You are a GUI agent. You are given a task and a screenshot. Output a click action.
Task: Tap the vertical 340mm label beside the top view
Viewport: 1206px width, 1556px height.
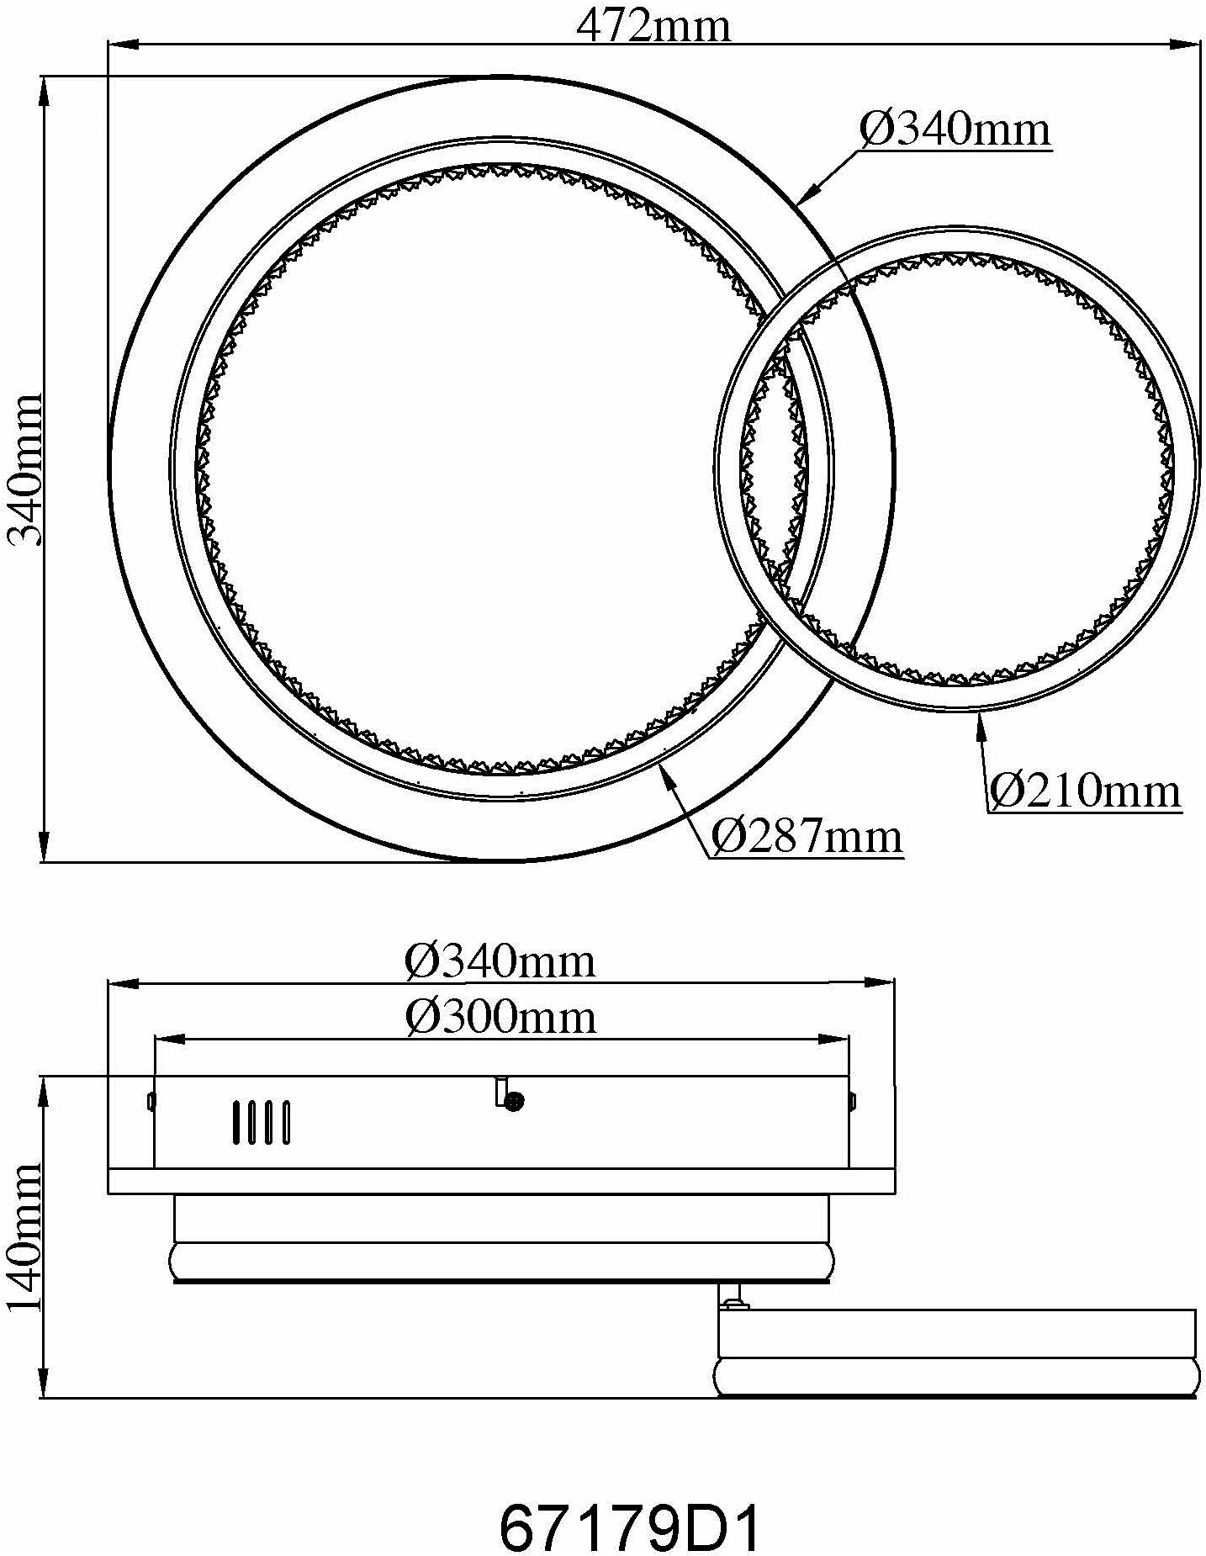[24, 469]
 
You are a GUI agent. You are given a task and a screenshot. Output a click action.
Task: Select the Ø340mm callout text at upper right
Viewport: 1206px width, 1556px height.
[955, 130]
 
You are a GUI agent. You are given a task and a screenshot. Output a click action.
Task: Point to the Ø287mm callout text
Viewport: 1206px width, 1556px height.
[807, 836]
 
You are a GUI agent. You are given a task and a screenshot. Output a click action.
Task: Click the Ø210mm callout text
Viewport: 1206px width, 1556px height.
[1084, 791]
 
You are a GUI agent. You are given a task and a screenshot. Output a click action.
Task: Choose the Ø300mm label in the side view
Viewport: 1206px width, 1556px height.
[501, 1018]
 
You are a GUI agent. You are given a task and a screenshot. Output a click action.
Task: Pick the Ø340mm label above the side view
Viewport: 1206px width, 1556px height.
[501, 961]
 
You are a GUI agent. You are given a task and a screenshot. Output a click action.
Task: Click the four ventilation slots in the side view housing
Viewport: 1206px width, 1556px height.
[262, 1122]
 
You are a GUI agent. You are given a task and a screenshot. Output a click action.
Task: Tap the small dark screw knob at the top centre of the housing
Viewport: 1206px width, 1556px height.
[514, 1100]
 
